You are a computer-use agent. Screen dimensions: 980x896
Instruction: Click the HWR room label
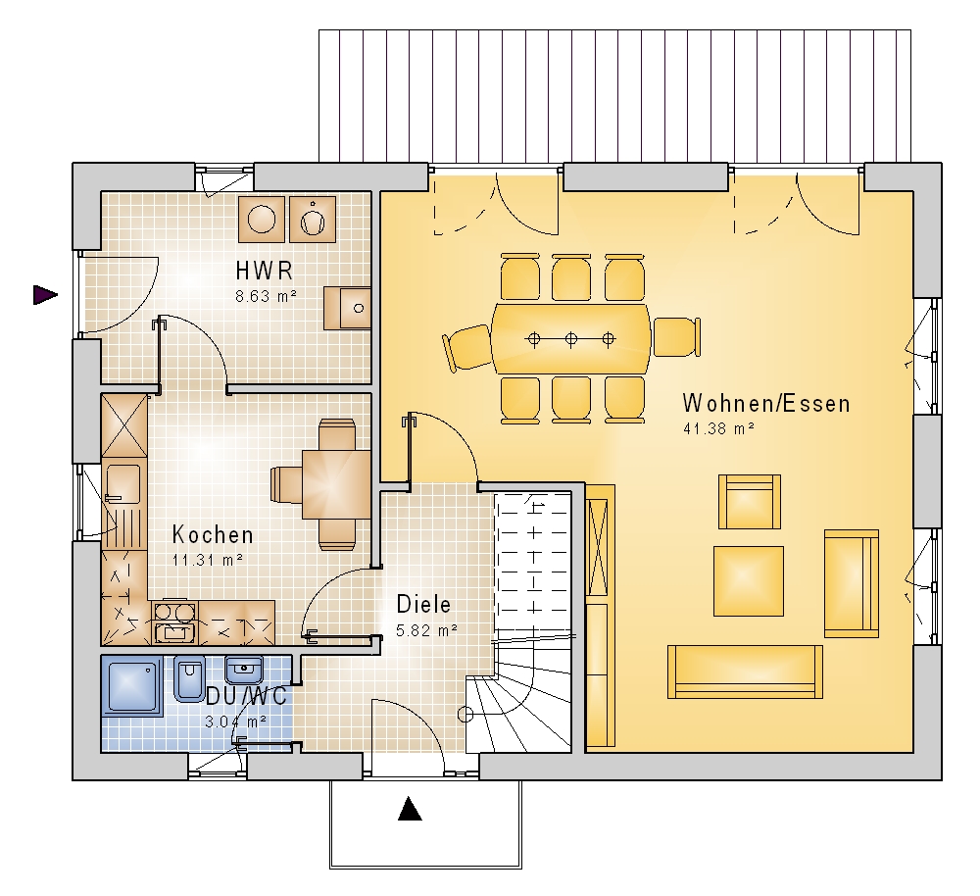(265, 271)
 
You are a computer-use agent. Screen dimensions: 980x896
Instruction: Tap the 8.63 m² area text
(266, 296)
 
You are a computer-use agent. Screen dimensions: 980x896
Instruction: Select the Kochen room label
(213, 534)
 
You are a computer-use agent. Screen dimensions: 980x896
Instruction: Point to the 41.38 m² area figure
(718, 428)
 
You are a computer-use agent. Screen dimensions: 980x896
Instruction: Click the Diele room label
(423, 604)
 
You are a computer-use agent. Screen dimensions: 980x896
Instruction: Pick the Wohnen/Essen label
(766, 403)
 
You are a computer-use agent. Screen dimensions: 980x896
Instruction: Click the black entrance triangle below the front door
(410, 808)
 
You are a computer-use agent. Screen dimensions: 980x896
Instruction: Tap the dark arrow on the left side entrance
(45, 294)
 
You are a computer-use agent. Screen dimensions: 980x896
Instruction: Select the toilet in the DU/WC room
(189, 677)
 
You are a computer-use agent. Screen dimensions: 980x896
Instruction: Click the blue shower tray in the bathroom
(132, 684)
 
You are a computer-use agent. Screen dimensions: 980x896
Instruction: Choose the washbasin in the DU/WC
(243, 670)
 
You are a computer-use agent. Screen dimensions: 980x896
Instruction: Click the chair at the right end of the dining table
(675, 337)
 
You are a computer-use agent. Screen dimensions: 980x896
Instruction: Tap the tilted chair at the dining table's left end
(467, 349)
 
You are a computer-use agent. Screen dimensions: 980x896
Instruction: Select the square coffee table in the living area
(748, 581)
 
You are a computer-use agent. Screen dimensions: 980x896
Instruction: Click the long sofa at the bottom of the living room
(745, 672)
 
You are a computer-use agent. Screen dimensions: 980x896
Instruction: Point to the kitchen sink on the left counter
(123, 484)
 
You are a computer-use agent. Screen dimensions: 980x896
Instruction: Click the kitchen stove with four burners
(174, 622)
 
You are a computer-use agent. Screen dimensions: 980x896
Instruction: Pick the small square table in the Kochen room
(336, 484)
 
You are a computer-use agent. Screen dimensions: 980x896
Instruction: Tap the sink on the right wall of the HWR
(348, 308)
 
